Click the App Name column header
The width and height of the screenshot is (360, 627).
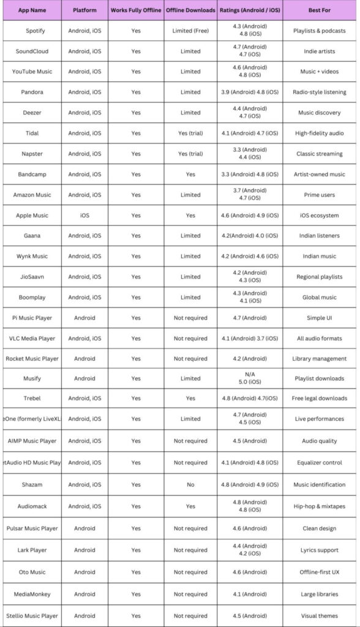[32, 10]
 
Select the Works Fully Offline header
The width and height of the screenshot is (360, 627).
[135, 10]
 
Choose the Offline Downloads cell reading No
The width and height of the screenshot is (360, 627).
[190, 484]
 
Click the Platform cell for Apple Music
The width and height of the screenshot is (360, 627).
[84, 216]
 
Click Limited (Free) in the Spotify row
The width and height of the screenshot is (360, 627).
[190, 31]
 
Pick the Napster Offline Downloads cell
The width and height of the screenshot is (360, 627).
[190, 154]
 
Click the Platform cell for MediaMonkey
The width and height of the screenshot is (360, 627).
[84, 594]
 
